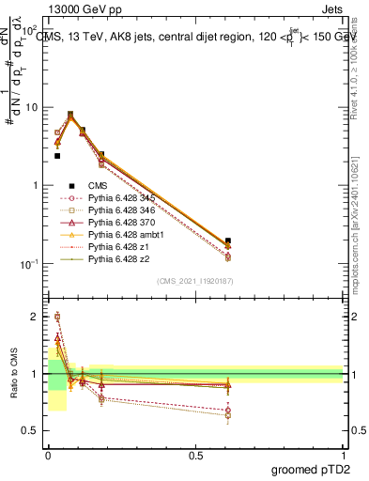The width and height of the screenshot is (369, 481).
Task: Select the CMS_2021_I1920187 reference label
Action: click(x=194, y=281)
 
